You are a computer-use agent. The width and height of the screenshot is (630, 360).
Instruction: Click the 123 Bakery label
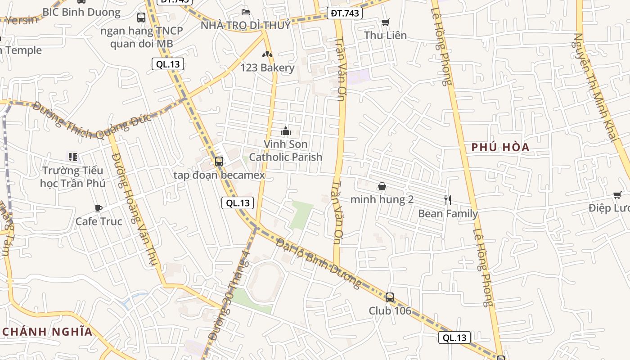click(x=267, y=68)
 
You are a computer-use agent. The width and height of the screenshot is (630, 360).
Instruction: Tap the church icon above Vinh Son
click(x=285, y=131)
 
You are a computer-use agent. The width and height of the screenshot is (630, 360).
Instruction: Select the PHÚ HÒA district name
click(x=500, y=147)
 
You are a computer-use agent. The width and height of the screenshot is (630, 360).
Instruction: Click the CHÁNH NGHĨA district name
click(x=47, y=332)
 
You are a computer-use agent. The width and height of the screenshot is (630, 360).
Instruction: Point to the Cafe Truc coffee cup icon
click(x=99, y=208)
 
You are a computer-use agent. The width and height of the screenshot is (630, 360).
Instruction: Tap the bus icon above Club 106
click(x=390, y=297)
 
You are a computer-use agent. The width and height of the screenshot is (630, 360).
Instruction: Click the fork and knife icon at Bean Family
click(x=447, y=200)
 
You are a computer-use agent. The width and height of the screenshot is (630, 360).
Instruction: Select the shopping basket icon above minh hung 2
click(x=382, y=186)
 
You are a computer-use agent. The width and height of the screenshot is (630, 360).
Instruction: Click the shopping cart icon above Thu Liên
click(x=385, y=22)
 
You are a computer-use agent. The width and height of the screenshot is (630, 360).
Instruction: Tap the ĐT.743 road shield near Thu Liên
click(x=345, y=13)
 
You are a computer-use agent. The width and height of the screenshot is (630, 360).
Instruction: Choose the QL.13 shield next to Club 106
click(x=454, y=338)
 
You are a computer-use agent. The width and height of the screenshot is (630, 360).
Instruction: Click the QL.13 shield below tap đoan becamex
click(x=238, y=203)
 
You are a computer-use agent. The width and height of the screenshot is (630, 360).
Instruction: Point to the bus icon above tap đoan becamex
click(x=219, y=161)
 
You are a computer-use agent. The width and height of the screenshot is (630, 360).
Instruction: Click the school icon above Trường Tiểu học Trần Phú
click(x=72, y=157)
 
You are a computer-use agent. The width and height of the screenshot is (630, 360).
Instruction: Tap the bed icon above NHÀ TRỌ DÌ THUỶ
click(x=246, y=12)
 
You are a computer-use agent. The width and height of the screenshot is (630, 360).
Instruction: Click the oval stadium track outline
click(x=265, y=282)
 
